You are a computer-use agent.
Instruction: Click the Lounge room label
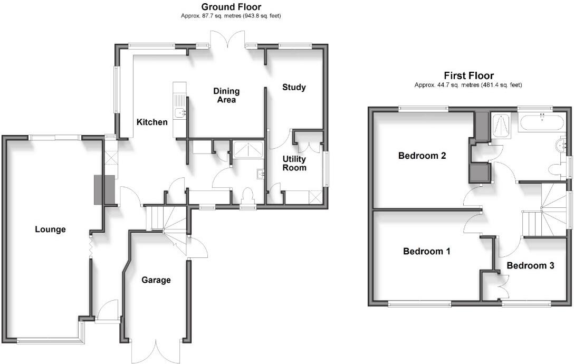tap(50, 229)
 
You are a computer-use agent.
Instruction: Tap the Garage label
tap(156, 280)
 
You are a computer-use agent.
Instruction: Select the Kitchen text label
tap(152, 122)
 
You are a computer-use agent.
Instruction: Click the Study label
tap(294, 88)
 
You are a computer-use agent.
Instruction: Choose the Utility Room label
tap(294, 164)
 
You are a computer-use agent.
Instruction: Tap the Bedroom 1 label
tap(426, 252)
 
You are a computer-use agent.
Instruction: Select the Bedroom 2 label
tap(422, 156)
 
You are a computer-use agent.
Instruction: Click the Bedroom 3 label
tap(530, 265)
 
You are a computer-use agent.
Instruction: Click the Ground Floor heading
tap(231, 7)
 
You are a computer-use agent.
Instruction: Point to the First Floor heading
tap(468, 76)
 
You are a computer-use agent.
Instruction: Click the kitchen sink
tap(180, 112)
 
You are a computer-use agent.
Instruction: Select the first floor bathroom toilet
tap(556, 169)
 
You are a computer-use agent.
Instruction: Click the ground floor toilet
tap(247, 196)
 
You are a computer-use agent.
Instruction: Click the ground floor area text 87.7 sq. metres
tap(231, 16)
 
